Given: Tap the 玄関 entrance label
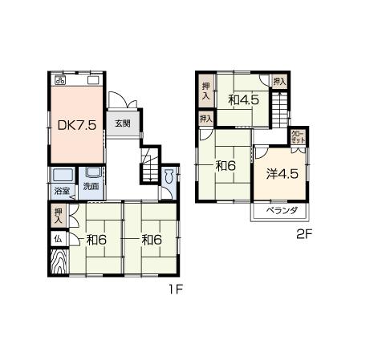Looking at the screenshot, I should click(x=122, y=123).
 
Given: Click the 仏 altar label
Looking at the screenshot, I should click(x=59, y=238).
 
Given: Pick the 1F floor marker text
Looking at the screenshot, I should click(x=175, y=289).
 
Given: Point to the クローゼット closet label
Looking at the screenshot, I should click(x=297, y=137).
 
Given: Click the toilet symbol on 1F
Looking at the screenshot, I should click(x=170, y=181).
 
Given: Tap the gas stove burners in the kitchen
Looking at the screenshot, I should click(x=60, y=80).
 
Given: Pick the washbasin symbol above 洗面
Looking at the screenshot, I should click(x=92, y=173).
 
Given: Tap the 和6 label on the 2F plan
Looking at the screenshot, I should click(x=224, y=167).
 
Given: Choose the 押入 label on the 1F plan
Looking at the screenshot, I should click(x=59, y=215).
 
